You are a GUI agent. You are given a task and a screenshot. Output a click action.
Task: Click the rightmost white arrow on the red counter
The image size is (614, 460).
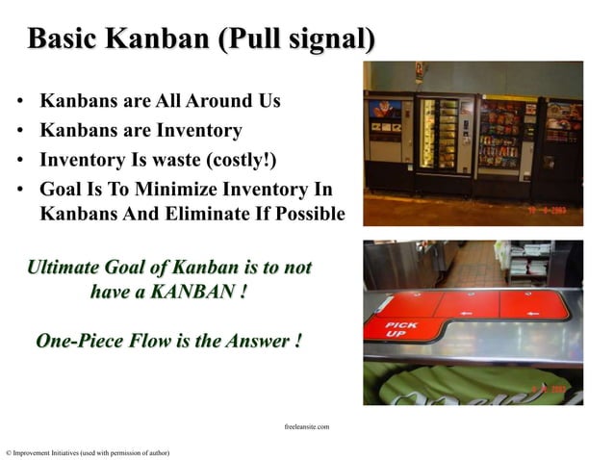tap(537, 315)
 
